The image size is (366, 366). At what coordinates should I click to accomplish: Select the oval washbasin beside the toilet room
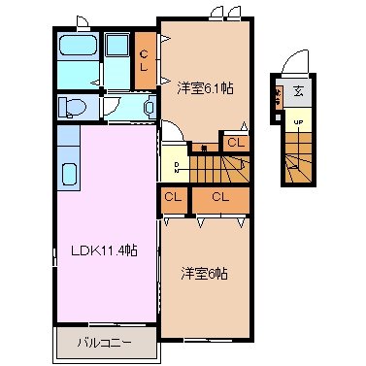[x=150, y=107]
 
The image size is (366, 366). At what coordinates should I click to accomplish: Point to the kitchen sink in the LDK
[x=69, y=175]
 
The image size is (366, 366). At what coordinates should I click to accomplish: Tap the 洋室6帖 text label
[x=204, y=274]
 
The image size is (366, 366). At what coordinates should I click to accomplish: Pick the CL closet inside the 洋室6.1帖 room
[x=235, y=144]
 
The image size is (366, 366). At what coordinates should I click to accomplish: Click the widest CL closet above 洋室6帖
[x=219, y=198]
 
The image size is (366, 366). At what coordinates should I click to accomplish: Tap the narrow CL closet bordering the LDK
[x=173, y=198]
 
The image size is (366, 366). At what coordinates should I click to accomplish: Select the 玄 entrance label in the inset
[x=297, y=92]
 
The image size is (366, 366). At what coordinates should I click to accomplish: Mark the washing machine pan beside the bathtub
[x=117, y=47]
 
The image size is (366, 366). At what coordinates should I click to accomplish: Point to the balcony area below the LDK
[x=104, y=344]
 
